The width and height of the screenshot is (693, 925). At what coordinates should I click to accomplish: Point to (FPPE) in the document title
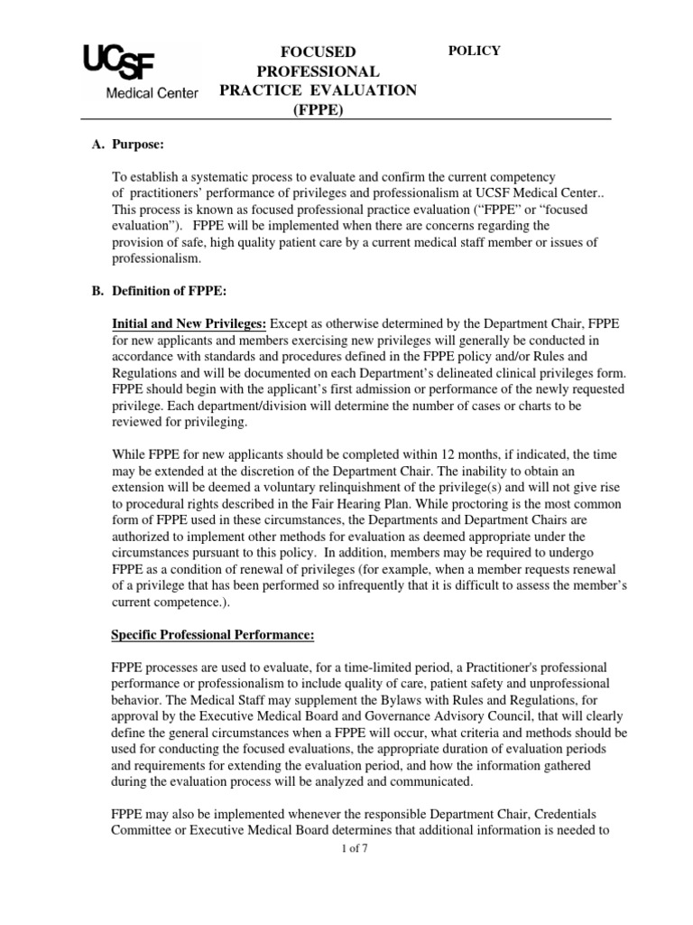click(318, 111)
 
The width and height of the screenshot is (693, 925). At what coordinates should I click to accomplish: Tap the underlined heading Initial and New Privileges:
click(189, 323)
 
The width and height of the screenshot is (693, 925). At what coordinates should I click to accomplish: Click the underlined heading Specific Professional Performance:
click(212, 635)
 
